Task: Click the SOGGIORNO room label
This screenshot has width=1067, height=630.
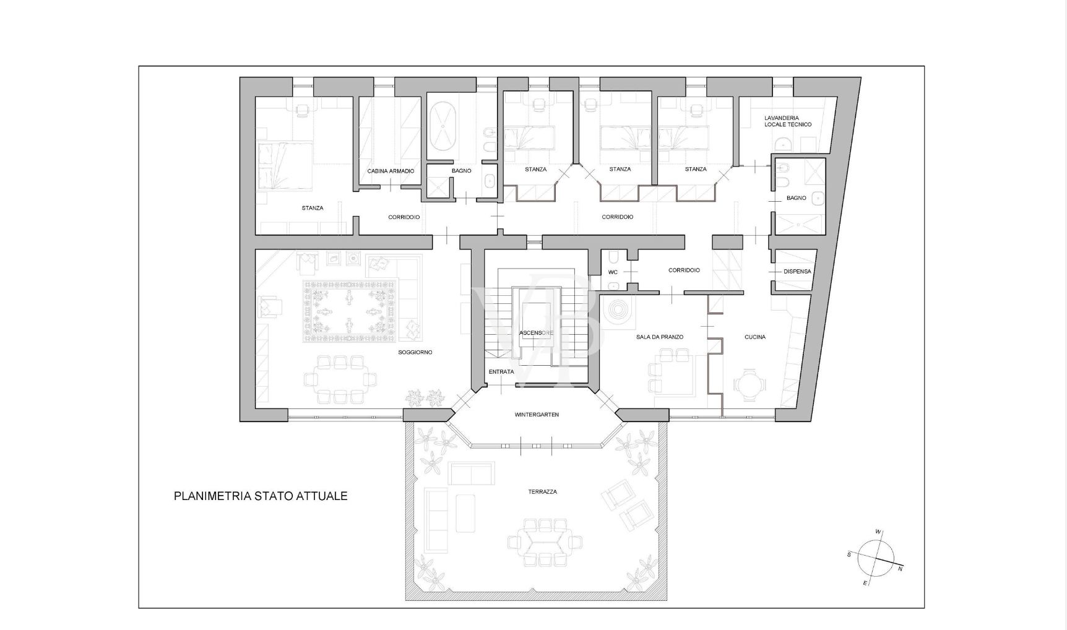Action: click(415, 352)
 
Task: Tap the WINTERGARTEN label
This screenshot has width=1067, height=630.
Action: click(537, 415)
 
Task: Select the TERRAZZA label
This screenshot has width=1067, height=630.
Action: click(542, 492)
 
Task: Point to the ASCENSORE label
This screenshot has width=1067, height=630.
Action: click(537, 333)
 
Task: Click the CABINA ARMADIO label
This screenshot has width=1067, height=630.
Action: click(391, 171)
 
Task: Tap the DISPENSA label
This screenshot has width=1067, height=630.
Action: click(797, 271)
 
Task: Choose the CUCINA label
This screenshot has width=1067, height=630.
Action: click(755, 337)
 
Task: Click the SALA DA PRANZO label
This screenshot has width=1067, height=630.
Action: click(660, 337)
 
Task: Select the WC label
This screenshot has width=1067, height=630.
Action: click(613, 272)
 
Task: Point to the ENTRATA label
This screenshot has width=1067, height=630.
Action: click(501, 372)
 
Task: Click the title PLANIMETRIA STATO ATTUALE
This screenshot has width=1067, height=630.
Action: click(261, 496)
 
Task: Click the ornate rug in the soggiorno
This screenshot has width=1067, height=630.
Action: click(350, 311)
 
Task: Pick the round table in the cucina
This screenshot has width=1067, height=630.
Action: click(749, 384)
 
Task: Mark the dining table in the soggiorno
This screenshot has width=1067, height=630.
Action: click(340, 379)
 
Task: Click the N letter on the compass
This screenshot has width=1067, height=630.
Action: click(900, 569)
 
